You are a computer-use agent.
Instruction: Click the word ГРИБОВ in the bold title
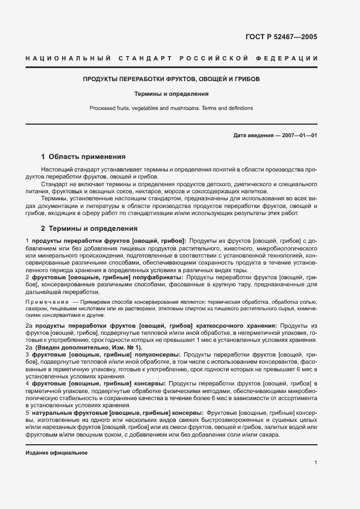pos(247,79)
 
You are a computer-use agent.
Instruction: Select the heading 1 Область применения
pos(83,156)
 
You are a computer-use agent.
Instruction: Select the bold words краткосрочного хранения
pos(235,326)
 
